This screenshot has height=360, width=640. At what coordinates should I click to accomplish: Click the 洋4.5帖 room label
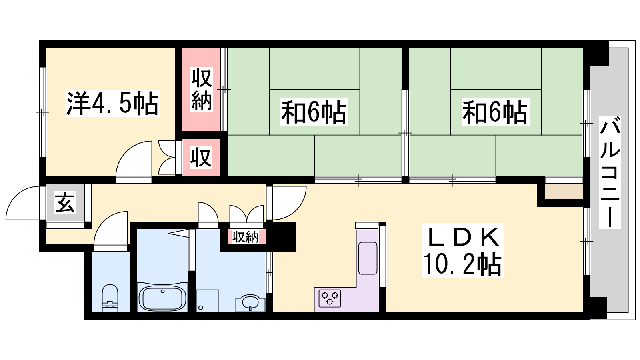[112, 103]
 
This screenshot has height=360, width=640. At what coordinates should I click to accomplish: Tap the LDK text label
[463, 237]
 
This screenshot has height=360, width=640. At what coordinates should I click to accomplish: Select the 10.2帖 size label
[462, 264]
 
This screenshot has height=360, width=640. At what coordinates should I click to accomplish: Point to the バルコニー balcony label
[610, 172]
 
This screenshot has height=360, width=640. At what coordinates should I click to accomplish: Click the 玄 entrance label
[65, 203]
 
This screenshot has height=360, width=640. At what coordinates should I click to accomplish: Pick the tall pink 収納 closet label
[202, 89]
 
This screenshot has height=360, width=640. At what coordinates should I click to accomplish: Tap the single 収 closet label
[201, 157]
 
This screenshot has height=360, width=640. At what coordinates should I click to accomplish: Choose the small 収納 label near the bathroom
[245, 237]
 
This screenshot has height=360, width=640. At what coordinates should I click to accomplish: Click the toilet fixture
[110, 298]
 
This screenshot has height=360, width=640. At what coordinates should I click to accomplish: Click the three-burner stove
[330, 298]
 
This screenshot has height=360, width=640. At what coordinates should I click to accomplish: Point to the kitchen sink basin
[368, 258]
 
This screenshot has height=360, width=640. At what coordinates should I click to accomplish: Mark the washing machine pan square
[208, 300]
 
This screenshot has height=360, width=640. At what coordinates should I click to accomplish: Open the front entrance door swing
[23, 203]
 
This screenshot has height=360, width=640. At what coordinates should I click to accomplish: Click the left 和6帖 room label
[314, 112]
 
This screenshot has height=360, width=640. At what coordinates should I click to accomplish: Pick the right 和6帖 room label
[495, 112]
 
